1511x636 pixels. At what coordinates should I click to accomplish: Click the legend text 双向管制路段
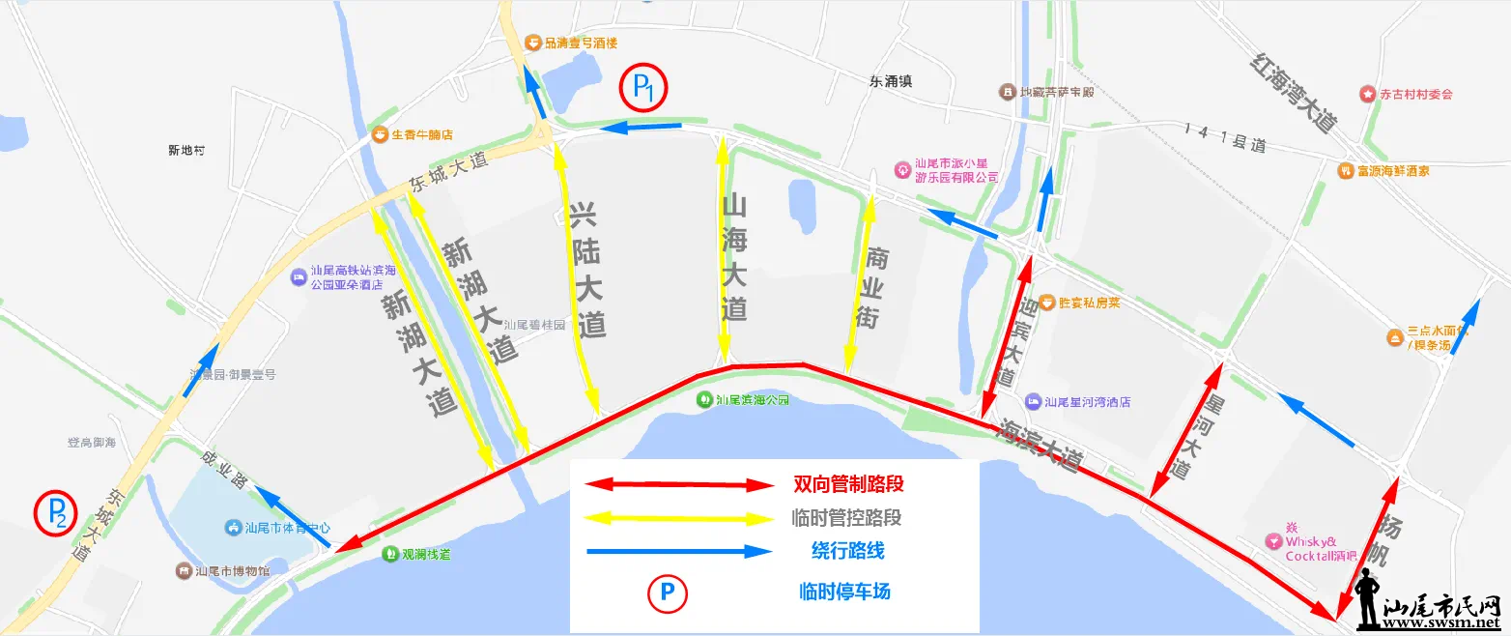[x=848, y=483]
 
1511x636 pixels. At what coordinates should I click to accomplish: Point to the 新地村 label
[x=186, y=151]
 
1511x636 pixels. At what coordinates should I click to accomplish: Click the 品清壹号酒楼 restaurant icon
[x=532, y=43]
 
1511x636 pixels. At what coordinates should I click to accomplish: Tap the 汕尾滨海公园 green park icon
[x=705, y=398]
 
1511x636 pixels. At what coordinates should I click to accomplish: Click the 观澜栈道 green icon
[x=389, y=555]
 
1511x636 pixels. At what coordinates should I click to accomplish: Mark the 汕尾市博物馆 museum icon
[x=184, y=571]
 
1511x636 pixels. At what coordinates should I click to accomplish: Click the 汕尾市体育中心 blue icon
[x=233, y=528]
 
